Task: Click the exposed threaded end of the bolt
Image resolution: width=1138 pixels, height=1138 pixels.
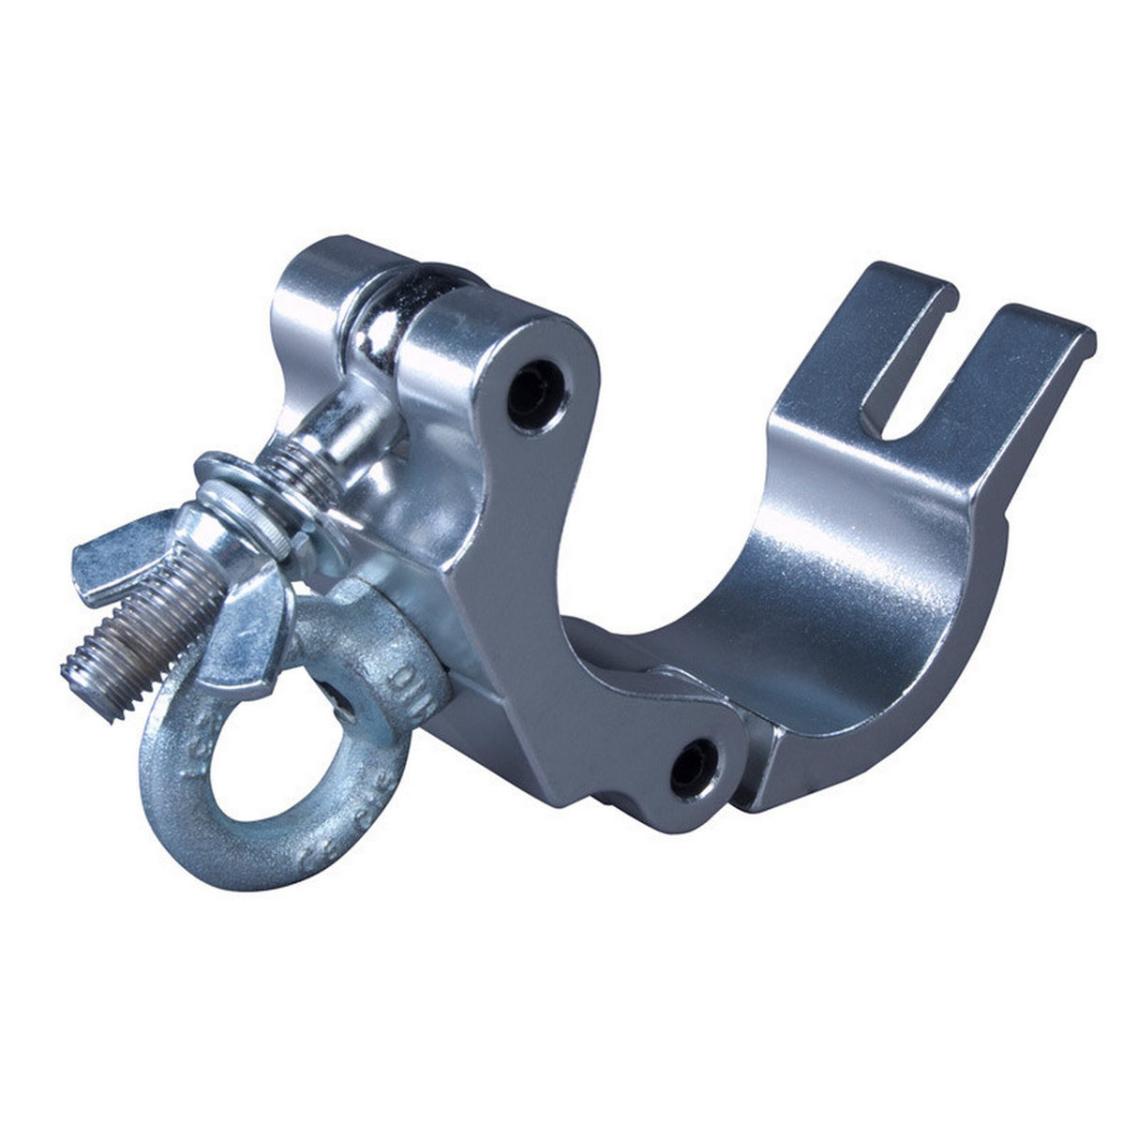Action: point(141,637)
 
